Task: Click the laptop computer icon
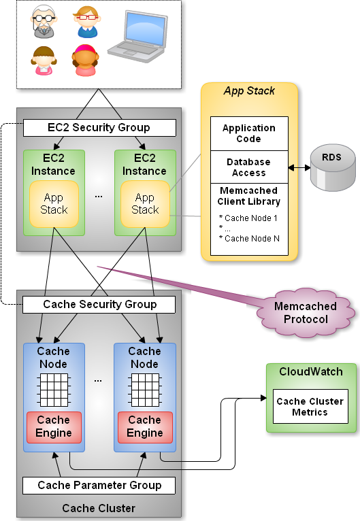click(137, 36)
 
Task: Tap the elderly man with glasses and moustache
click(44, 21)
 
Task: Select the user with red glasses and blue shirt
click(87, 22)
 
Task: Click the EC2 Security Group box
click(99, 128)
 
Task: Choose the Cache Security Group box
click(99, 304)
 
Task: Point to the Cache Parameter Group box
click(99, 486)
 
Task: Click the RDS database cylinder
click(333, 167)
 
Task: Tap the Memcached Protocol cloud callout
click(305, 313)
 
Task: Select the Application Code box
click(249, 133)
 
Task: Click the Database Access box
click(249, 167)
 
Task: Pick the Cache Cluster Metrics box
click(310, 406)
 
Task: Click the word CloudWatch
click(311, 371)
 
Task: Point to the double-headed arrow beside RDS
click(299, 168)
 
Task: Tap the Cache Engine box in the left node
click(54, 427)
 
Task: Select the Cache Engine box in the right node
click(145, 427)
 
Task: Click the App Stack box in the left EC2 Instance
click(54, 204)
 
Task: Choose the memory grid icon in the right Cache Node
click(145, 390)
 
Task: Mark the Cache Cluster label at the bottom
click(99, 508)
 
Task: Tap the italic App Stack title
click(249, 91)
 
